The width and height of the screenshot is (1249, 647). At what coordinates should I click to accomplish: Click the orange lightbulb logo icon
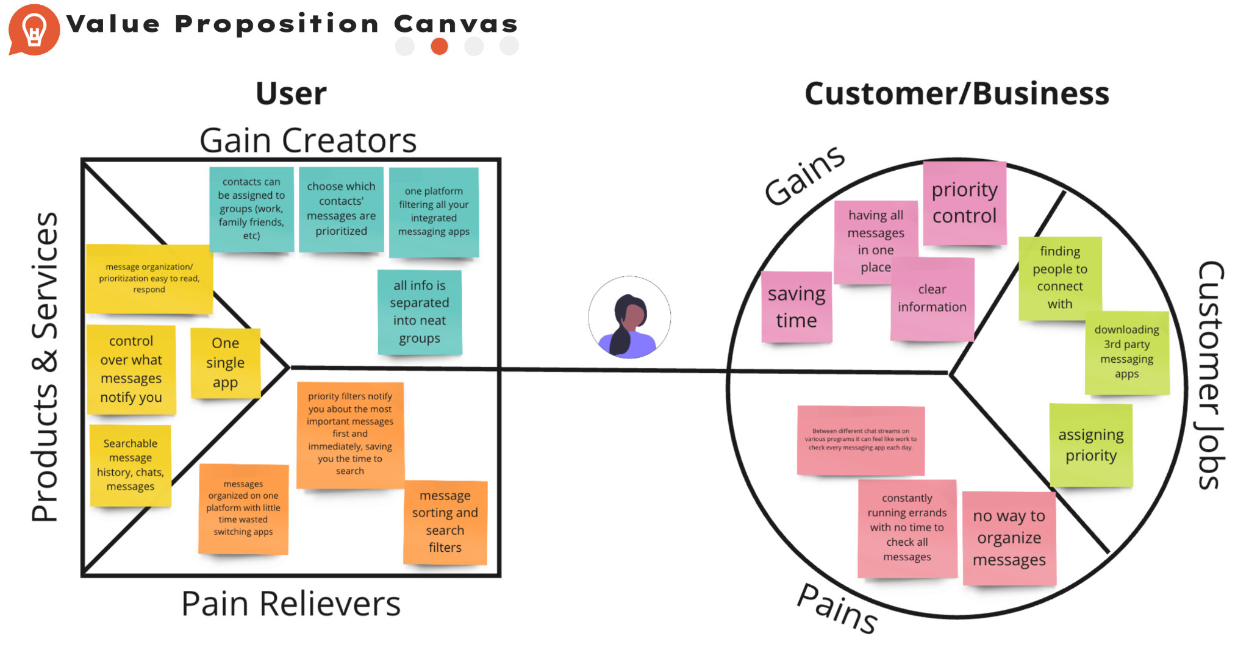(x=34, y=29)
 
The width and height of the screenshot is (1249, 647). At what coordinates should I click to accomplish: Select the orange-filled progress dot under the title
(x=439, y=46)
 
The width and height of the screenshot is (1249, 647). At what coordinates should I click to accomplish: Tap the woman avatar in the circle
(x=629, y=317)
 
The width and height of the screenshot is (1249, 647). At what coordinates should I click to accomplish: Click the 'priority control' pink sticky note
(x=964, y=202)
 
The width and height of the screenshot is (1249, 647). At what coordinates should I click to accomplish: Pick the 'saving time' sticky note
(x=796, y=307)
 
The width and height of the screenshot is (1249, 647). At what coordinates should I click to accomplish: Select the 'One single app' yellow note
(x=225, y=363)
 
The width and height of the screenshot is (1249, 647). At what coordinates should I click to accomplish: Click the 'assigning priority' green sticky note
(x=1091, y=445)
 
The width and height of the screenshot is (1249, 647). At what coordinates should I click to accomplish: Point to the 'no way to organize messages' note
(x=1009, y=538)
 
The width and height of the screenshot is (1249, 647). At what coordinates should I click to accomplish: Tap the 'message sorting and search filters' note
(x=445, y=521)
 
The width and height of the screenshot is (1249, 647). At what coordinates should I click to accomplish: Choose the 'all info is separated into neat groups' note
(x=420, y=312)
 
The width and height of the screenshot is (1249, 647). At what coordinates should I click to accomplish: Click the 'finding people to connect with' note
(x=1060, y=277)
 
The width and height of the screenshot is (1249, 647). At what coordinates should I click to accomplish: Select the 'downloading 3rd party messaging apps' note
(x=1127, y=352)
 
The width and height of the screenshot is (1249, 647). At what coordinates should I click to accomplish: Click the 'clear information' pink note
(x=932, y=298)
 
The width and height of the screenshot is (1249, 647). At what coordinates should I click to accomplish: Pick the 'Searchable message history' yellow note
(x=131, y=465)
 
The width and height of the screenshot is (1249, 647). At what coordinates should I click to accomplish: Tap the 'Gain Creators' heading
(x=308, y=141)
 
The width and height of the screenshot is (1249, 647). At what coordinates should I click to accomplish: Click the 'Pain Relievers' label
(x=291, y=604)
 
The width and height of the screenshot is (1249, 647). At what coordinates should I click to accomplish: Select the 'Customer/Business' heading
(x=957, y=94)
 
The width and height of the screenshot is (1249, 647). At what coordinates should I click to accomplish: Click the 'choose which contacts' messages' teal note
(x=341, y=209)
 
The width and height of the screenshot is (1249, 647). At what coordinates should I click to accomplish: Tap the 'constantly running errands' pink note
(x=907, y=527)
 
